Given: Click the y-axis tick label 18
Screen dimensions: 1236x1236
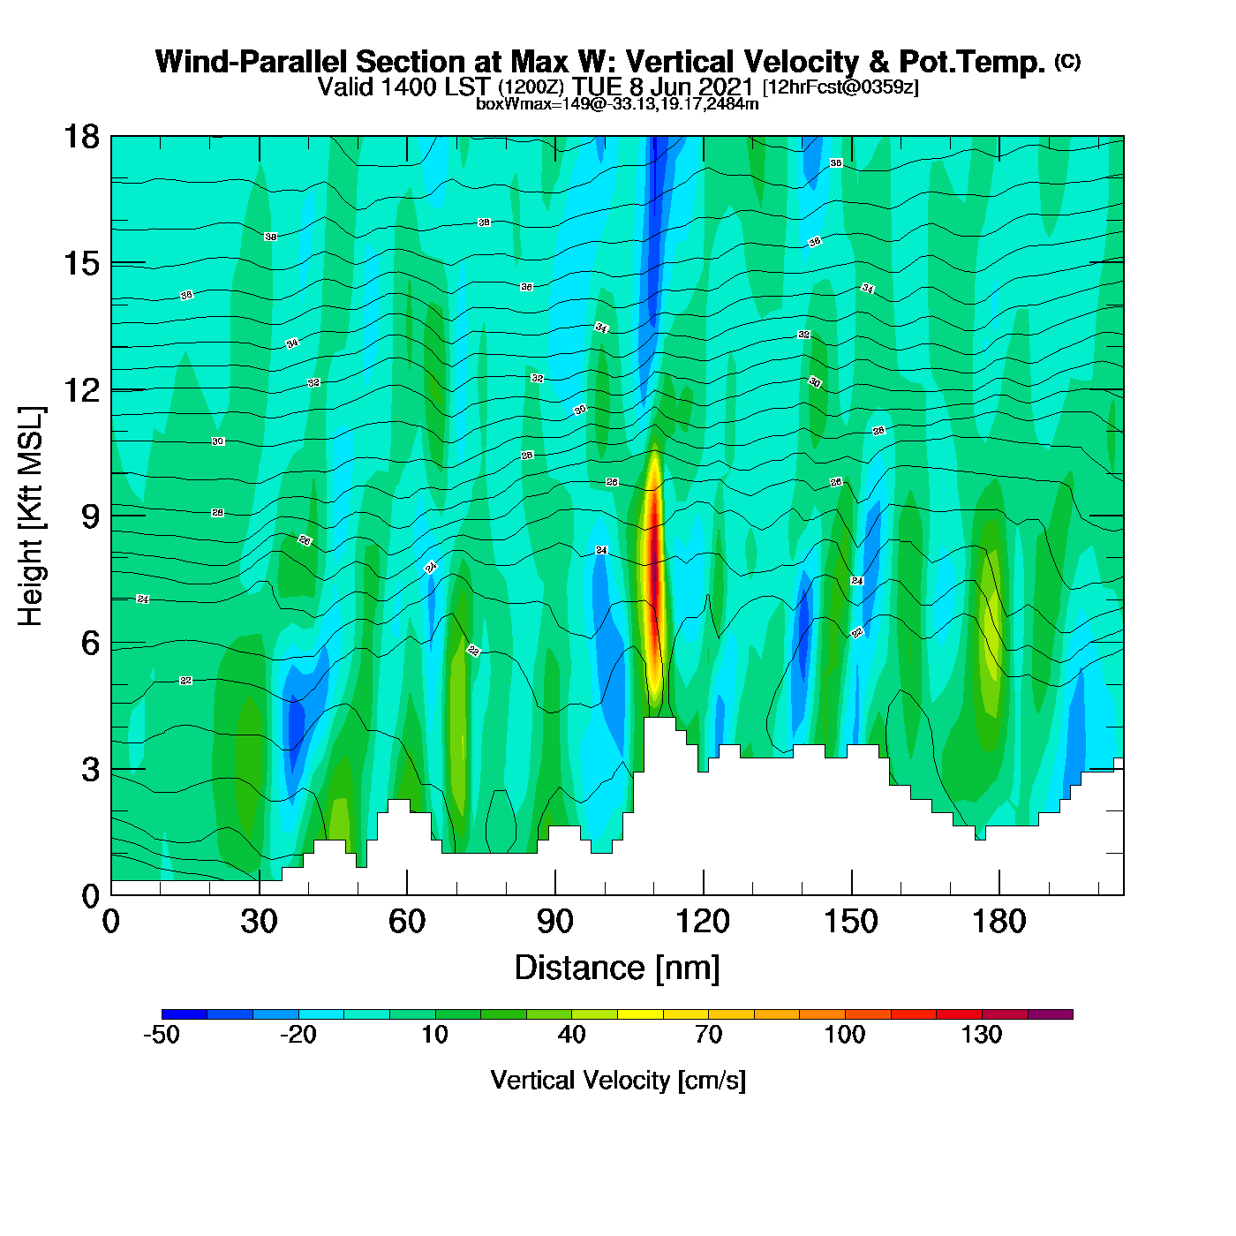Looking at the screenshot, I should [80, 138].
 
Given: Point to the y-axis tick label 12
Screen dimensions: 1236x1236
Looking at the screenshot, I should [80, 389].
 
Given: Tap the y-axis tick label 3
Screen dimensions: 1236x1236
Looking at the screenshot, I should [90, 770].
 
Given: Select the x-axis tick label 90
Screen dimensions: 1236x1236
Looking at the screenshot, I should [555, 923].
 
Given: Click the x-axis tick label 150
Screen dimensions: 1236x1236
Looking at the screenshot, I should [851, 923].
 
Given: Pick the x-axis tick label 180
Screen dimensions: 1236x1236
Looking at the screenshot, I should [999, 923].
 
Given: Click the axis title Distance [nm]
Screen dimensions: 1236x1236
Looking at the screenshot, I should [617, 968].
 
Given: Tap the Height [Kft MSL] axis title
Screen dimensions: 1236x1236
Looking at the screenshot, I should [32, 516].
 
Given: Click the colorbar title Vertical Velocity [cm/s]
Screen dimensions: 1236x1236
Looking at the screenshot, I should [618, 1081].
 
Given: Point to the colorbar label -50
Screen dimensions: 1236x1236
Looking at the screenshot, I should [162, 1035].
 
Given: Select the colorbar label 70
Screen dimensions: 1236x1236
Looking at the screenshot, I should [708, 1035].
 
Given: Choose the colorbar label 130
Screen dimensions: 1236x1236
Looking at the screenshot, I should [982, 1035].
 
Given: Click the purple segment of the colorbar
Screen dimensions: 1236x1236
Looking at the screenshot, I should [1051, 1014].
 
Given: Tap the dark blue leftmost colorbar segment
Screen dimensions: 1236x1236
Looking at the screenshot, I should [185, 1014].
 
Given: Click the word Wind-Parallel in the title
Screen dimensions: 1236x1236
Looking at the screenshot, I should [252, 63].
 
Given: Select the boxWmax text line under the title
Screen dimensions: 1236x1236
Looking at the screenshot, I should [617, 103].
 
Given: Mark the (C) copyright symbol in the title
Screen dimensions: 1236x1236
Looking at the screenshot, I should [1067, 61].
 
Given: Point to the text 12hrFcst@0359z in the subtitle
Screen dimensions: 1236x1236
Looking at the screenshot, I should [840, 87].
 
